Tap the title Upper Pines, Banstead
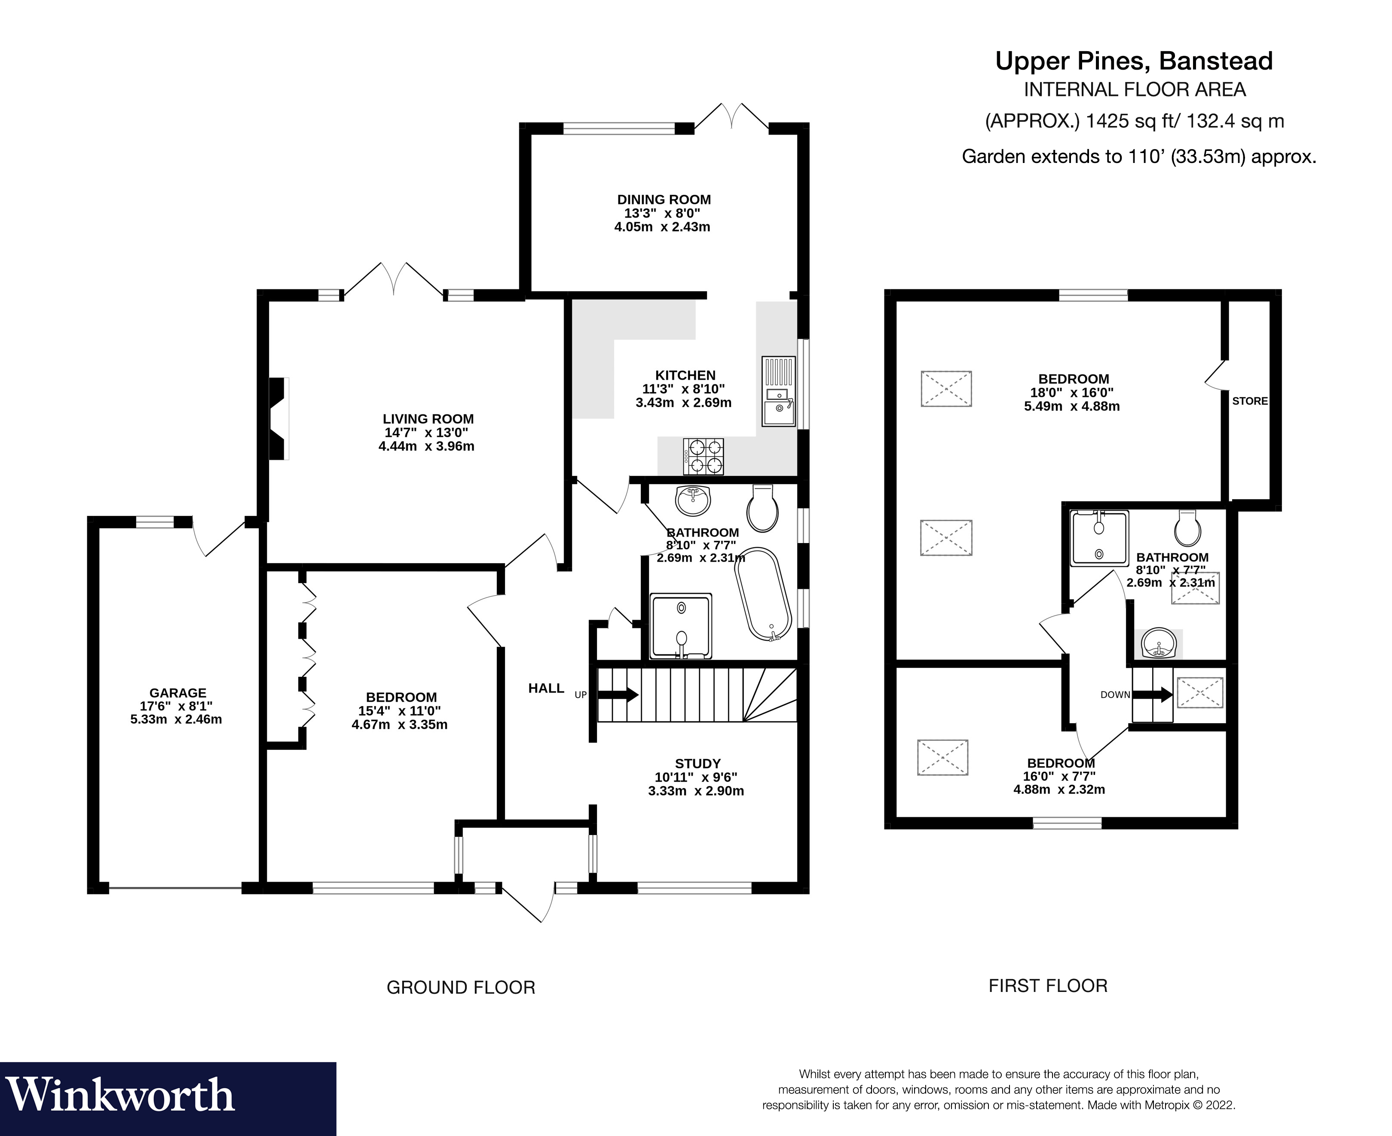click(x=1134, y=61)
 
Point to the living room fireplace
click(x=279, y=419)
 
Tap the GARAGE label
click(x=177, y=692)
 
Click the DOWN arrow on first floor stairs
click(x=1153, y=694)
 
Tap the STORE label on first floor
click(x=1249, y=401)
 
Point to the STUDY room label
click(x=698, y=763)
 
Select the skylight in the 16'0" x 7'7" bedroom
click(x=942, y=758)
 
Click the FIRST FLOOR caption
click(x=1047, y=986)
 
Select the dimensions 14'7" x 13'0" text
click(x=426, y=433)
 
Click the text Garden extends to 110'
click(x=1138, y=157)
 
